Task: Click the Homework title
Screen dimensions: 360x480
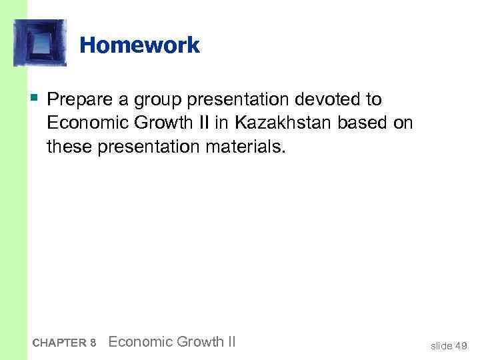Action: [139, 45]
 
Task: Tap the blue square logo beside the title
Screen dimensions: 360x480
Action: [40, 43]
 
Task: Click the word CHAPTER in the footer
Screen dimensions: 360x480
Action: [59, 343]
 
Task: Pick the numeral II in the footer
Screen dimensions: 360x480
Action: [231, 342]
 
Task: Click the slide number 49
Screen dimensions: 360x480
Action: [461, 345]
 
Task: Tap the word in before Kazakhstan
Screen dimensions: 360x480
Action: [221, 123]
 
